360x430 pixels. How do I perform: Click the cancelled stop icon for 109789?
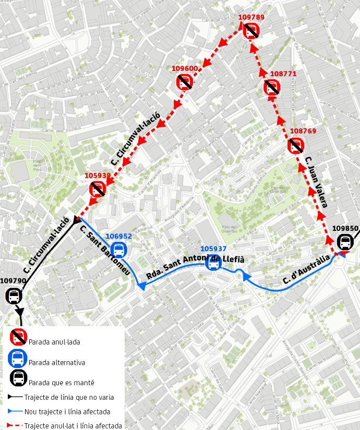251,31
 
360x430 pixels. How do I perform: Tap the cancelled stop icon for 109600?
185,81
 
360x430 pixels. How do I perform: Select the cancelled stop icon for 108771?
272,86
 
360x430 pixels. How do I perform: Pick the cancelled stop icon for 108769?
296,145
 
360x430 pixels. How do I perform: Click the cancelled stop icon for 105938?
98,188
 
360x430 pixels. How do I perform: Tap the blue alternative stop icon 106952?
119,250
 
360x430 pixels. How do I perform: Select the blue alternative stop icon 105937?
213,263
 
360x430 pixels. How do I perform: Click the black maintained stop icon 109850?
345,242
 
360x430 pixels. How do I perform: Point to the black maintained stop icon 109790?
14,297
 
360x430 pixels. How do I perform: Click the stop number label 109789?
251,17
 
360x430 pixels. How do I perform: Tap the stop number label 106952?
119,236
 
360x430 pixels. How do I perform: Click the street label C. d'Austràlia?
306,269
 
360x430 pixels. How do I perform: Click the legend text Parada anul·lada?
54,342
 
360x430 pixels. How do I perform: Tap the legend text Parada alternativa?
57,362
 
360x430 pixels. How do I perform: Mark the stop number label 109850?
345,228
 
